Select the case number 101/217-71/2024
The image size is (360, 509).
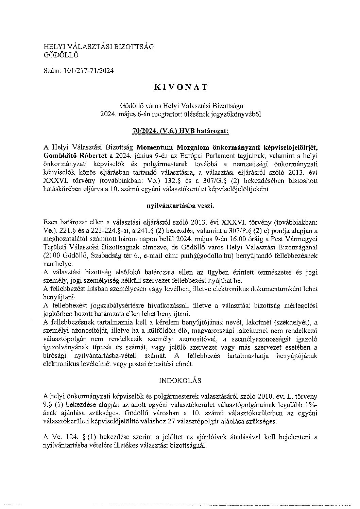[x=88, y=71]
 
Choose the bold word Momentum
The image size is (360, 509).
[x=155, y=147]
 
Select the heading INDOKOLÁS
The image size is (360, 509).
[x=180, y=380]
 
